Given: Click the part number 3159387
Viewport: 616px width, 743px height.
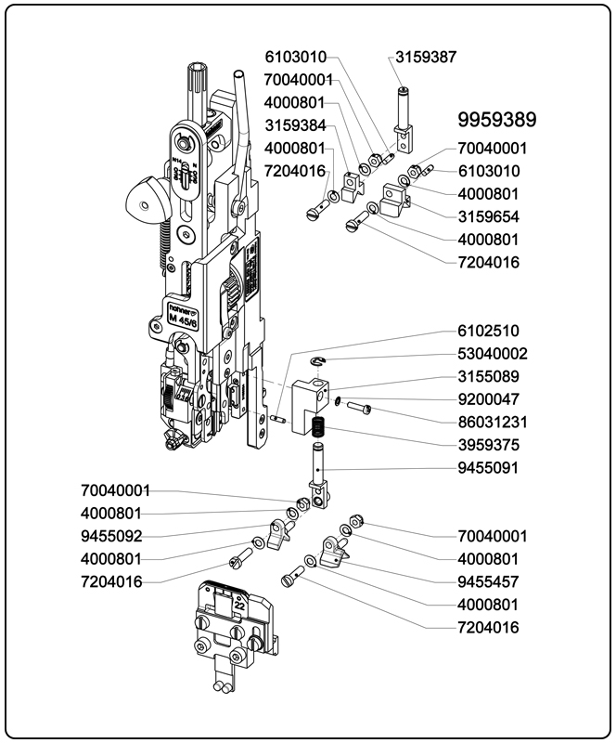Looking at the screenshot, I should tap(426, 57).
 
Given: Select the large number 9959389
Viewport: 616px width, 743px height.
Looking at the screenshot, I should tap(497, 120).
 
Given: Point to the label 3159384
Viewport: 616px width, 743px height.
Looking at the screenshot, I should tap(294, 125).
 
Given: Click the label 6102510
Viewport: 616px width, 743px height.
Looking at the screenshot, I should tap(488, 331).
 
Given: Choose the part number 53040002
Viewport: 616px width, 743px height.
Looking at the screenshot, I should tap(493, 354).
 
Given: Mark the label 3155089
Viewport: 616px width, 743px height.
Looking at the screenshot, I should tap(488, 376).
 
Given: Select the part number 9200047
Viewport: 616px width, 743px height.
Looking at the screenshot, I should tap(488, 399).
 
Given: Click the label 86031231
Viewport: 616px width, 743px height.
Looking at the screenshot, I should tap(493, 422).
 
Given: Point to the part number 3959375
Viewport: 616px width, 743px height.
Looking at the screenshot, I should tap(488, 445).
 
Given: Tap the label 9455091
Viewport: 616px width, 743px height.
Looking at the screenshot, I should tap(488, 467).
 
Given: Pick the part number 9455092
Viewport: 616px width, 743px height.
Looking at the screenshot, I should tap(111, 536).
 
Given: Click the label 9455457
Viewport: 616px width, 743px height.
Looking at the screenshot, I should tap(488, 581).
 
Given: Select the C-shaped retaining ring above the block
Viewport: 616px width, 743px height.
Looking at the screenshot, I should tap(317, 361).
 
